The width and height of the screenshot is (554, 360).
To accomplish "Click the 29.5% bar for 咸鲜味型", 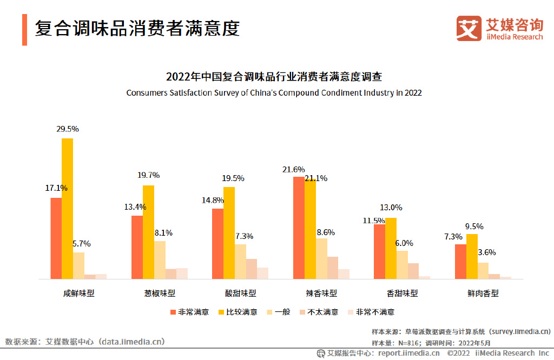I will (x=67, y=209).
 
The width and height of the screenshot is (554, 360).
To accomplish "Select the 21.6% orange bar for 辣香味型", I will (x=299, y=228).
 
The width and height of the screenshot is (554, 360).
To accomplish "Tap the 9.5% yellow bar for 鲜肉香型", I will (x=472, y=256).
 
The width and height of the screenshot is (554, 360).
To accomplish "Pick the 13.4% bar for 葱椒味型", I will (x=137, y=247).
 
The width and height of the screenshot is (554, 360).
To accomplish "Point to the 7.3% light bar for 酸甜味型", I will (x=240, y=261).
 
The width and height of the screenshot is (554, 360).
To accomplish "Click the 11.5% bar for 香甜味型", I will (x=379, y=251).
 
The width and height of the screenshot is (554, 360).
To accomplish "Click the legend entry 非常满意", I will (x=189, y=312).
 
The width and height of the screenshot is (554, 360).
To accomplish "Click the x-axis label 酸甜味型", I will (x=240, y=294).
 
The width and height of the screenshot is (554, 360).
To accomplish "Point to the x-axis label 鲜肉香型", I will (x=483, y=294).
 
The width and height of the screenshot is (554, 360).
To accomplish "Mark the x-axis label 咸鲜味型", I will (x=78, y=294).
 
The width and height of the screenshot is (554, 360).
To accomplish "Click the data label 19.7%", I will (x=149, y=175).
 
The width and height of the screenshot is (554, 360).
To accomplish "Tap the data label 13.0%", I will (x=392, y=208).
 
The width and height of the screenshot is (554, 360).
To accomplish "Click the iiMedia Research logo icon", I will (x=469, y=29).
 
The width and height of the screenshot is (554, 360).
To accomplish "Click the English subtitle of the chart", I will (x=274, y=92).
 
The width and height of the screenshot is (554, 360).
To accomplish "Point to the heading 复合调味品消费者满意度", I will (x=137, y=28).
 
